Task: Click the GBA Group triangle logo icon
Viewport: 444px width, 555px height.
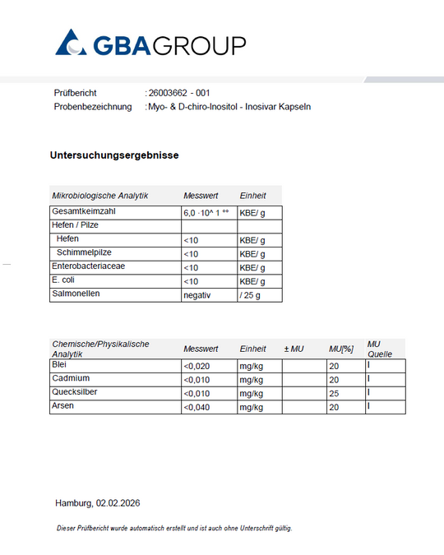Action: click(71, 43)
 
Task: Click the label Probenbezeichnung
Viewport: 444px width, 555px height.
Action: click(93, 107)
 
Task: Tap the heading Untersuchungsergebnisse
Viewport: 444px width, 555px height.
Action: click(114, 155)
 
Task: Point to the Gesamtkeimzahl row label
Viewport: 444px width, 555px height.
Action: click(81, 211)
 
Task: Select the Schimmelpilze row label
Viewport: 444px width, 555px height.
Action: click(85, 252)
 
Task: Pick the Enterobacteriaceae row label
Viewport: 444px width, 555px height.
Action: click(89, 266)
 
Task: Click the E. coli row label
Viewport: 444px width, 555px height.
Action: click(64, 280)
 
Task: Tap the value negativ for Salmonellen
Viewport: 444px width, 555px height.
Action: click(197, 295)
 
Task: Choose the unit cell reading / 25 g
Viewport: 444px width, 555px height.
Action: click(252, 295)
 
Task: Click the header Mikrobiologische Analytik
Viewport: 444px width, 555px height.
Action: click(99, 196)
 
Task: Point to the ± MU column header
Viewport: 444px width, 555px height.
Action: click(294, 349)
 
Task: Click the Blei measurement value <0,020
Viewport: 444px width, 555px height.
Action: click(198, 366)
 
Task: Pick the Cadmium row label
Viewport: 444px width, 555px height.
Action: click(70, 378)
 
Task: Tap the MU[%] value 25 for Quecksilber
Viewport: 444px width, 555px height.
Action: click(334, 393)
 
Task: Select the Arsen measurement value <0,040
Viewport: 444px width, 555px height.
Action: click(198, 407)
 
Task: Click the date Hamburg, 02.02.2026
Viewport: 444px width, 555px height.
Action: click(104, 502)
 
